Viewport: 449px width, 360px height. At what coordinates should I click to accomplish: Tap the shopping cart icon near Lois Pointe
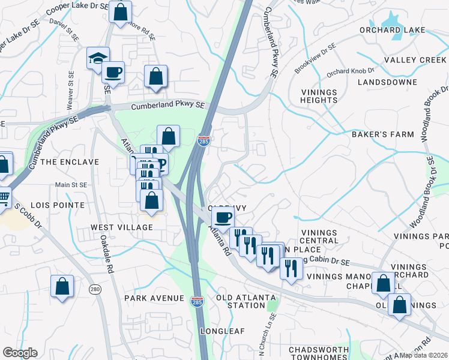pos(4,196)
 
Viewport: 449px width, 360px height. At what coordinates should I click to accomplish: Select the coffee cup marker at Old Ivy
pos(223,217)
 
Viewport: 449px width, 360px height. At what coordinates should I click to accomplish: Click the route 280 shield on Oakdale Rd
pos(95,290)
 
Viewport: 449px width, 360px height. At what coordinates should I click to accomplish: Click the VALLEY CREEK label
pos(415,60)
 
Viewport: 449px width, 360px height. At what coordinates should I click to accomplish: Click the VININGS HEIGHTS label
pos(319,96)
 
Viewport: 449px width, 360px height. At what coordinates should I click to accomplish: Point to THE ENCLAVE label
pos(70,162)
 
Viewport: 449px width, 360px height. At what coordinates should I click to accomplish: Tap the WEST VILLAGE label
pos(122,227)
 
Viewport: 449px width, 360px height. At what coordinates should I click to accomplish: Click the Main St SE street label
pos(71,185)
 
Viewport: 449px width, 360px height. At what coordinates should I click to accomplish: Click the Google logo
pos(20,353)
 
